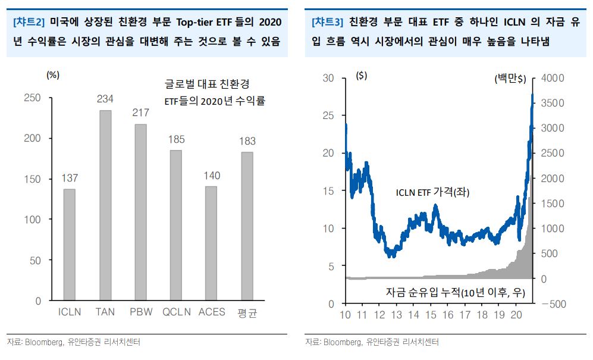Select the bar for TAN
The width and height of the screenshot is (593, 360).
pyautogui.click(x=105, y=205)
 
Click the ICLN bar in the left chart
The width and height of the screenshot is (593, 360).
pyautogui.click(x=70, y=245)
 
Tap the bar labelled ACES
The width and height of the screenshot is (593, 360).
pyautogui.click(x=211, y=243)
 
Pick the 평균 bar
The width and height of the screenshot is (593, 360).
pyautogui.click(x=247, y=226)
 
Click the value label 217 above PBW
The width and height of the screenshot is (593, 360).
pyautogui.click(x=141, y=112)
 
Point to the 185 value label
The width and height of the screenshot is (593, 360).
pyautogui.click(x=176, y=140)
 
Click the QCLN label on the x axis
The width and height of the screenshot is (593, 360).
pyautogui.click(x=176, y=312)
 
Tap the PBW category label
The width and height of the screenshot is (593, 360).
pyautogui.click(x=141, y=312)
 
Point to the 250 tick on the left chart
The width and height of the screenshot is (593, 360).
pyautogui.click(x=32, y=98)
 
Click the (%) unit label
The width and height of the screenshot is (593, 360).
pyautogui.click(x=53, y=76)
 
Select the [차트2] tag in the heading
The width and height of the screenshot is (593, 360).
pyautogui.click(x=29, y=23)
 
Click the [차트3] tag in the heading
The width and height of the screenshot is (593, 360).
pyautogui.click(x=327, y=23)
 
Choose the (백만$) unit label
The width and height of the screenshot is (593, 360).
pyautogui.click(x=511, y=79)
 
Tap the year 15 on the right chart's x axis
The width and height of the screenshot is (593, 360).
pyautogui.click(x=432, y=315)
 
